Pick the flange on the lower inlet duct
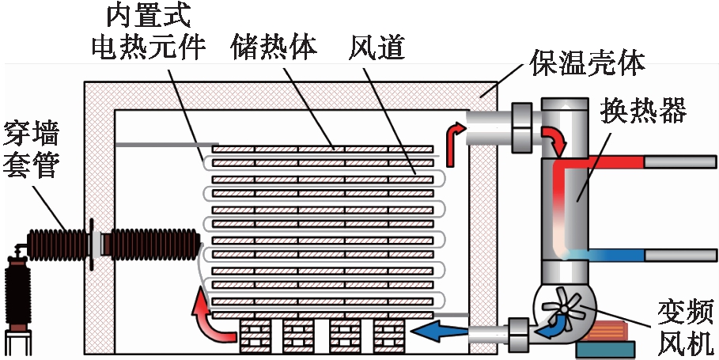(x=517, y=332)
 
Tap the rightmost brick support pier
(x=390, y=335)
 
